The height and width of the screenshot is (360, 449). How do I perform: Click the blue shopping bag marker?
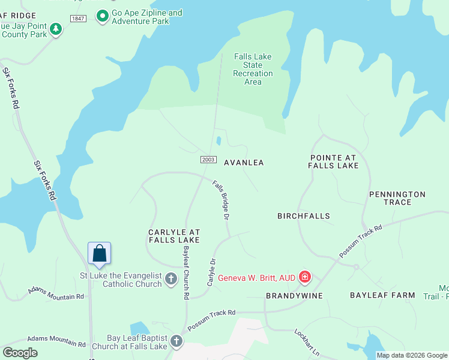(x=100, y=253)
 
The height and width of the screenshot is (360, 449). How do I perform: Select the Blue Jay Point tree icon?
(x=56, y=29)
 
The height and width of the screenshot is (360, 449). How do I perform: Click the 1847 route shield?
(x=78, y=19)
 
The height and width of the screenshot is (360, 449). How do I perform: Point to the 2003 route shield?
(x=208, y=159)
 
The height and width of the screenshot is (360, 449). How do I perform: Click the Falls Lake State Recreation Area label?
(x=253, y=69)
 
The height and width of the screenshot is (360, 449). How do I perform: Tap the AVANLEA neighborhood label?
(x=244, y=163)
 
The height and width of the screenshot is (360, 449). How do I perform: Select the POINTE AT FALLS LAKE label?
(x=333, y=161)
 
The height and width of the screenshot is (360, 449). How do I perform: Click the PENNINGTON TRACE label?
(x=397, y=198)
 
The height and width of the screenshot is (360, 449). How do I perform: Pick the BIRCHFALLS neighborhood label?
(x=304, y=215)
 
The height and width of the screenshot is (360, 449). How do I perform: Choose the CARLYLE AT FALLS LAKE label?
(x=174, y=236)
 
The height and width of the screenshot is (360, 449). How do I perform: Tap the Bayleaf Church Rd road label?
(x=187, y=272)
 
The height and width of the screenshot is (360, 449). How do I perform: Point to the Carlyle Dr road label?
(x=211, y=272)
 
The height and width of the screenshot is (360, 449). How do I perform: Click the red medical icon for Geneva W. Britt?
(x=305, y=277)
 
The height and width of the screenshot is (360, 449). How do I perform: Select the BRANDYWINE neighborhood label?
(x=294, y=296)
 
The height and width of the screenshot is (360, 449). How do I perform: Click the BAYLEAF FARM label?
(x=383, y=295)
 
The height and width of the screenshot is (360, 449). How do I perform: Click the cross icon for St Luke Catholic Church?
(x=171, y=278)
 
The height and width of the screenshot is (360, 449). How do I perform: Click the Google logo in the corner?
(x=20, y=353)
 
